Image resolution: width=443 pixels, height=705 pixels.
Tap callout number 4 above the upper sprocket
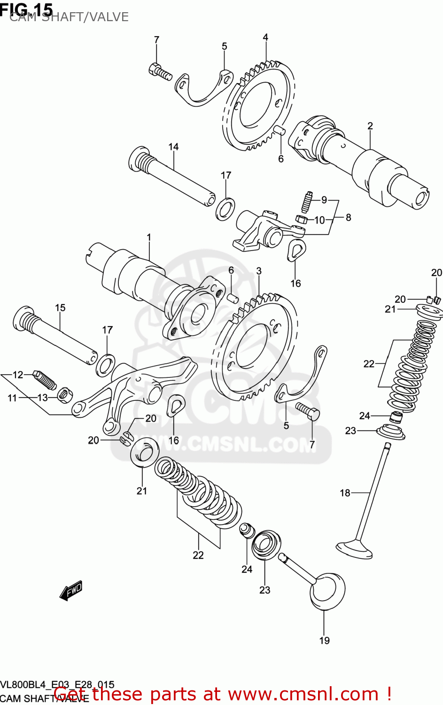[x=265, y=37]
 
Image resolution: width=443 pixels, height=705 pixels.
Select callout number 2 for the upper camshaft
[x=370, y=126]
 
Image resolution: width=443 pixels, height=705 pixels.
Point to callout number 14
[x=173, y=147]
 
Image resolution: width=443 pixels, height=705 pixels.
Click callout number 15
[x=60, y=308]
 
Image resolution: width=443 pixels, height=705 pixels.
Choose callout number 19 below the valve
[x=324, y=640]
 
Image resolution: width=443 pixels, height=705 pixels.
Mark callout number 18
[x=345, y=493]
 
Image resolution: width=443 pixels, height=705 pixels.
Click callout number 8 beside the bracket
[x=348, y=217]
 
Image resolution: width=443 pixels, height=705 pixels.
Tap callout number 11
[x=12, y=398]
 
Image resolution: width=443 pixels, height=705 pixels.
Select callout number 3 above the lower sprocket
[x=259, y=271]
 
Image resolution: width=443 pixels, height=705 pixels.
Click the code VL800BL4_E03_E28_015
[x=57, y=684]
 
